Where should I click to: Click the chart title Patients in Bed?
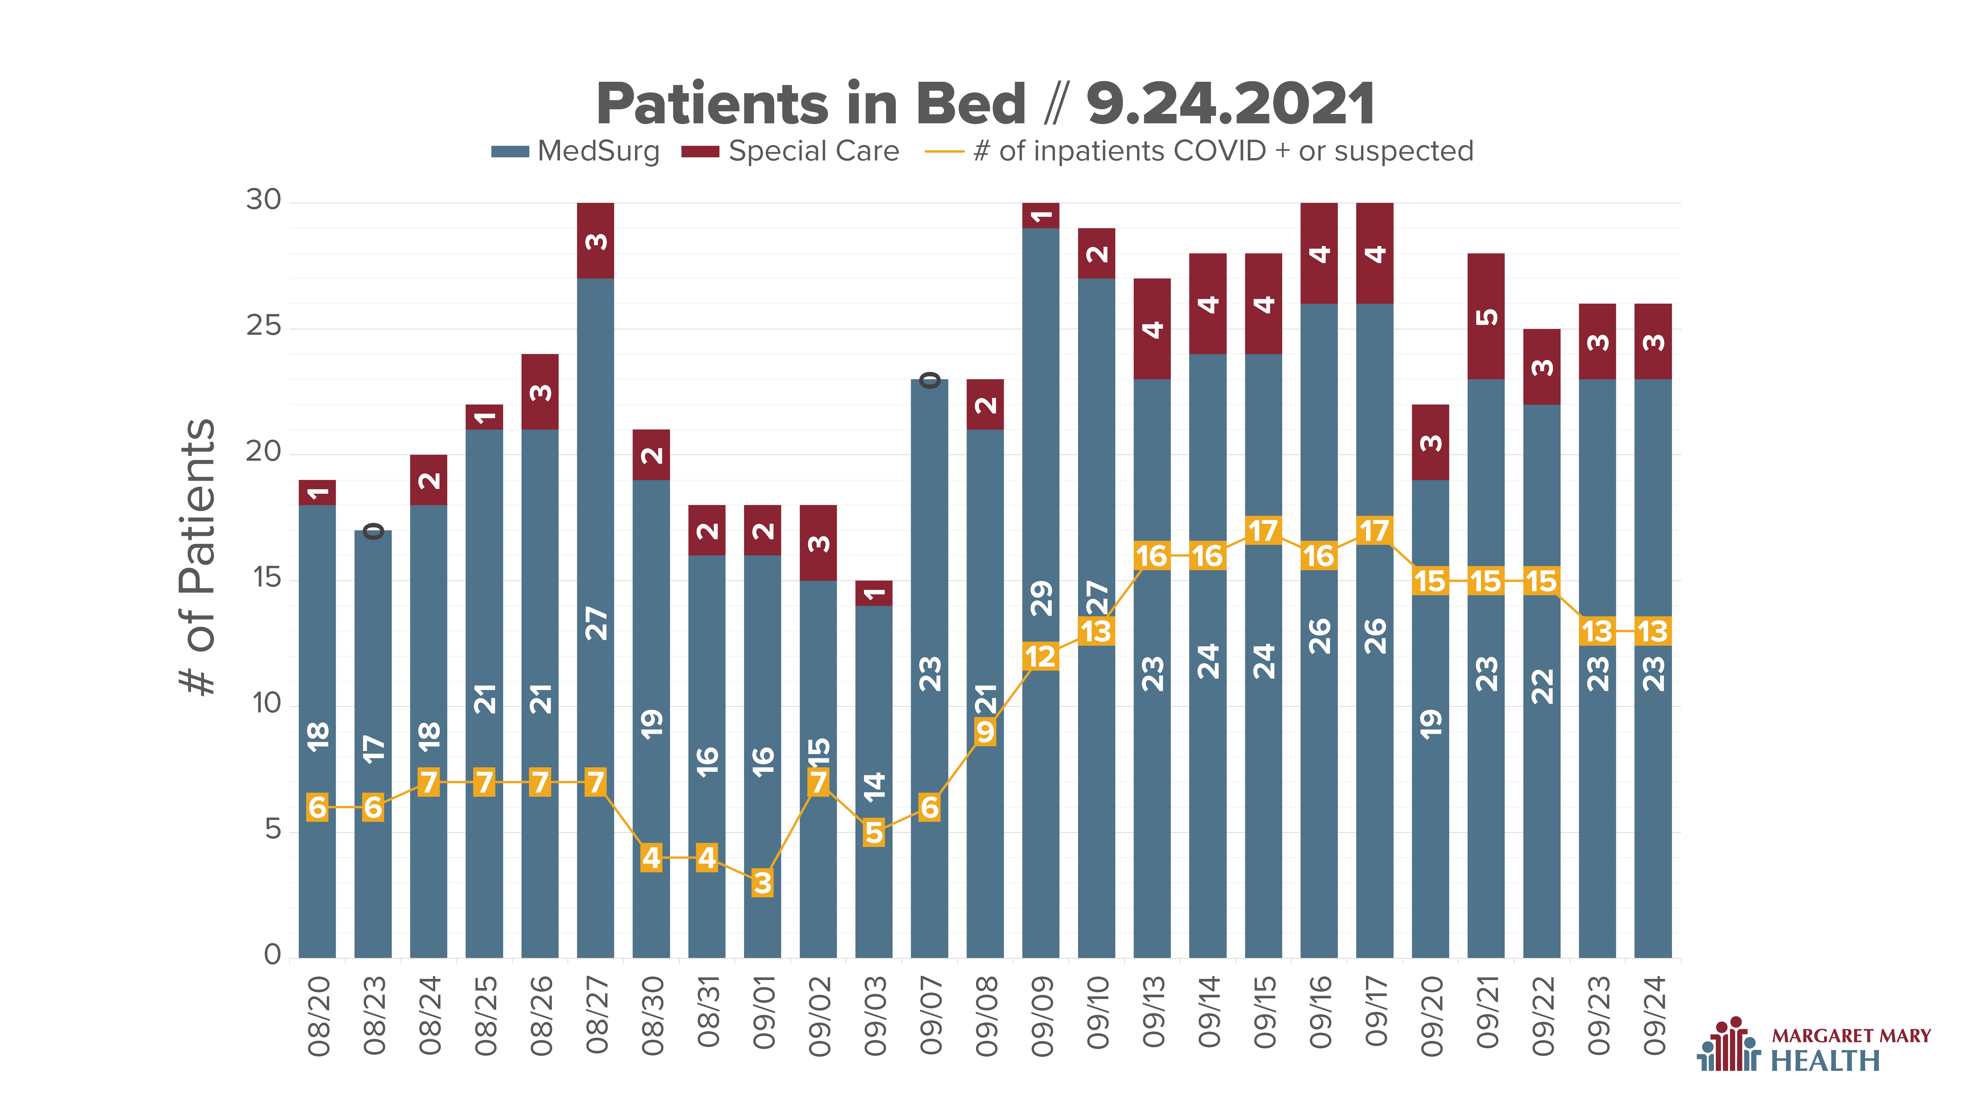tap(811, 104)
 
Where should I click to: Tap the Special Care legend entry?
tap(790, 151)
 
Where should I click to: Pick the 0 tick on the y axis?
tap(272, 954)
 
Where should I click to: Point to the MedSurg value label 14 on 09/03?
tap(874, 786)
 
